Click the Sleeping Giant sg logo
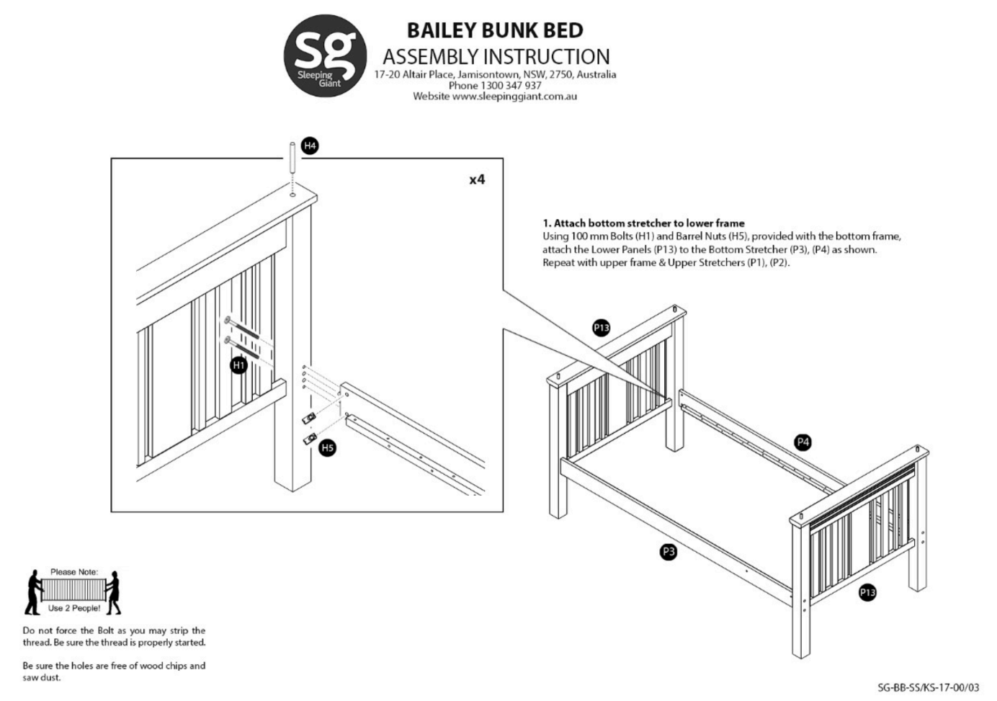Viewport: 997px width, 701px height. pos(325,55)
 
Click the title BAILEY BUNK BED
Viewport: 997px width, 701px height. pos(495,30)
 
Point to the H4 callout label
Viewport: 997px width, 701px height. pos(310,146)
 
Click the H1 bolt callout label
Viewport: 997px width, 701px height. pos(238,365)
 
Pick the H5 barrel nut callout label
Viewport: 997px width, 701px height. pos(328,447)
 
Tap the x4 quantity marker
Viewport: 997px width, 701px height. pos(477,179)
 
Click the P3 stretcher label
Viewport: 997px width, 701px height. pos(669,552)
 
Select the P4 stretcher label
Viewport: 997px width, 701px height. pos(802,442)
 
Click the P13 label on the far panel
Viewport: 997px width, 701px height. pos(601,328)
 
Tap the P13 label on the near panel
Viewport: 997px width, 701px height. pos(867,592)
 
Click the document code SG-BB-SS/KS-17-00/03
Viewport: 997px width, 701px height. pos(929,687)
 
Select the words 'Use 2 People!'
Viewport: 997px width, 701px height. pos(74,608)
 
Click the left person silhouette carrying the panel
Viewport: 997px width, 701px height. pos(33,592)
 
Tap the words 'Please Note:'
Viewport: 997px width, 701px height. pos(74,572)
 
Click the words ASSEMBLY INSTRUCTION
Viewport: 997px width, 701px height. pos(496,56)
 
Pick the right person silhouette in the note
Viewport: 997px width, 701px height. pos(114,592)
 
